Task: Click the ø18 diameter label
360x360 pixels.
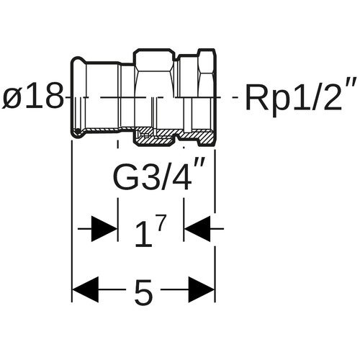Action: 34,96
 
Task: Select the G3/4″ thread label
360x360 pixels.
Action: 159,175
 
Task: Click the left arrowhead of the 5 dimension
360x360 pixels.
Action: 86,289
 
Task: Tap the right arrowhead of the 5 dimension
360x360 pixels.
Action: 201,289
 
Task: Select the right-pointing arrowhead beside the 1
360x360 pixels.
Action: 104,229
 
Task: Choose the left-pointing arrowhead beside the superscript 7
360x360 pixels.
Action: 197,229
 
